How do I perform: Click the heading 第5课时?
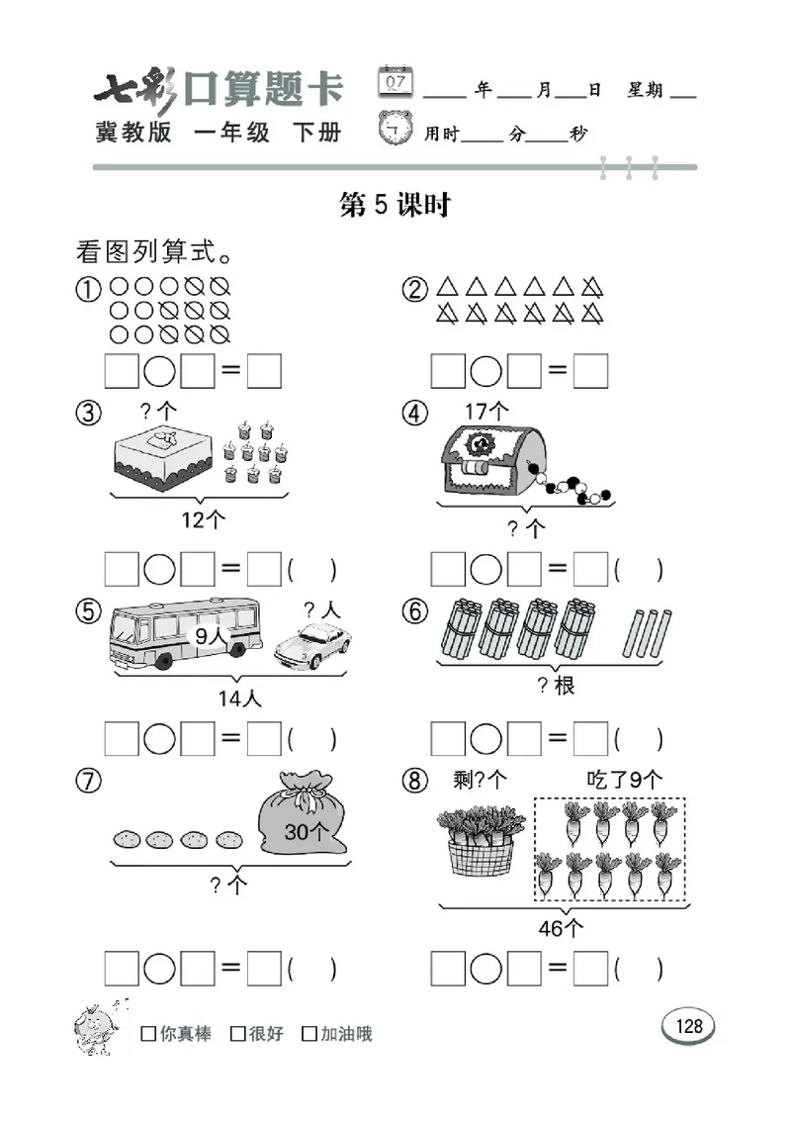click(395, 205)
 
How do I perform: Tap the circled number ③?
click(89, 414)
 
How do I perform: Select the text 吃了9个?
click(624, 780)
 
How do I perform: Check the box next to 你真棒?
click(148, 1034)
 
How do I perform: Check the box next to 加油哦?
click(309, 1034)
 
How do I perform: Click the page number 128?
click(688, 1026)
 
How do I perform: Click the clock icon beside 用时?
click(396, 129)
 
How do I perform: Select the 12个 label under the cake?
click(204, 519)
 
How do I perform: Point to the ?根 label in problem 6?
click(556, 686)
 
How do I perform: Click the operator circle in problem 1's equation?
click(160, 371)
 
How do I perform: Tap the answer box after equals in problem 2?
click(590, 371)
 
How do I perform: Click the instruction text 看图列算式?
click(154, 251)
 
